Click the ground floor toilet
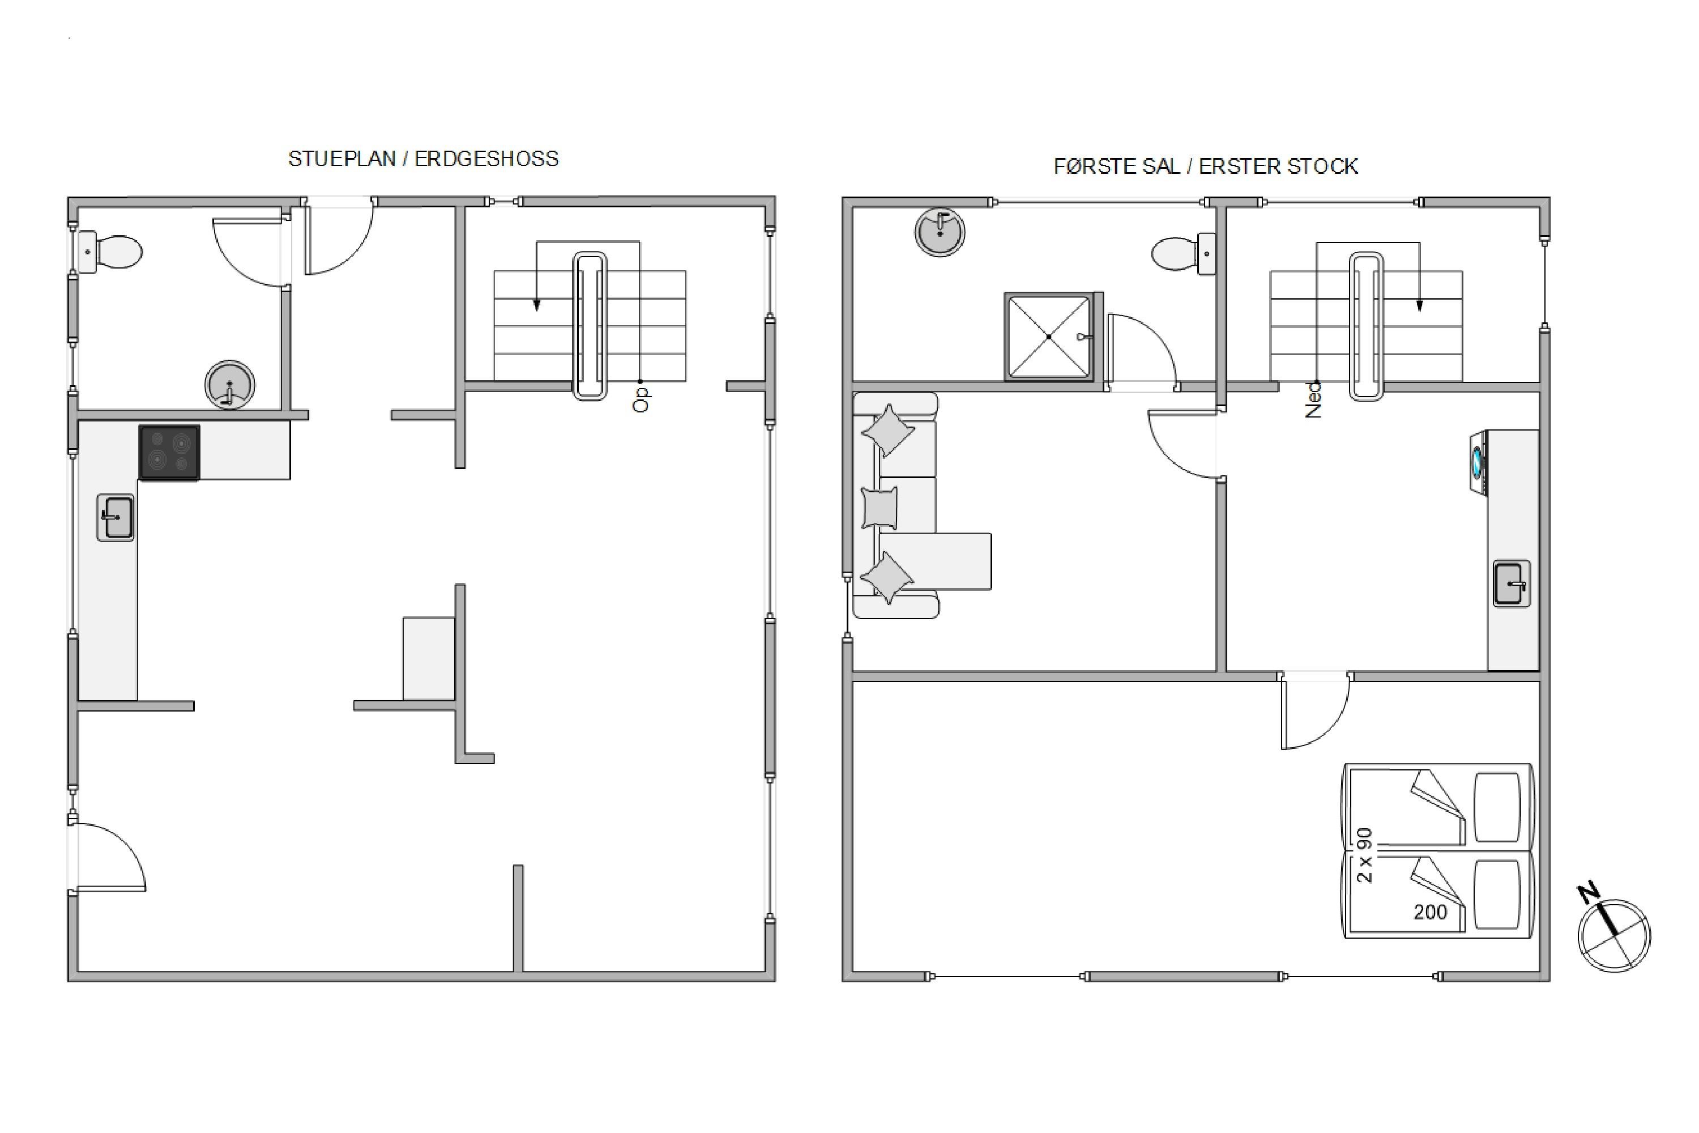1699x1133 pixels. click(110, 252)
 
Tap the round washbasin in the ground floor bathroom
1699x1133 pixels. click(230, 385)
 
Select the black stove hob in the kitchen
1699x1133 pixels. click(169, 452)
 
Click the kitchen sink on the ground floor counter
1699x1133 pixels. click(116, 517)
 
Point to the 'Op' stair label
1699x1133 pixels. click(641, 399)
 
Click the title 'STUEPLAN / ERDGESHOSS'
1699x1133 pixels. click(423, 159)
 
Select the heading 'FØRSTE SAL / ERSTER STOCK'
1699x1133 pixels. click(1206, 167)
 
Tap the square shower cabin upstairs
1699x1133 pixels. click(1049, 336)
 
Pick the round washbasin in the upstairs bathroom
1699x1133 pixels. click(940, 232)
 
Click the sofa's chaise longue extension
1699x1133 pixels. click(936, 561)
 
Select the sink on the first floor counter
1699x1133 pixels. click(1512, 583)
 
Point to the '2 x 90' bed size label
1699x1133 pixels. click(1364, 855)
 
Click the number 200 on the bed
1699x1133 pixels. click(1431, 913)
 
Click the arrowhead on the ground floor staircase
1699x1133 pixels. click(537, 306)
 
